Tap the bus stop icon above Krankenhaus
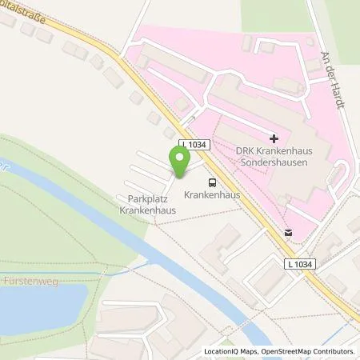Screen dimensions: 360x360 [212, 182]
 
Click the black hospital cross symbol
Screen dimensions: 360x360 [274, 138]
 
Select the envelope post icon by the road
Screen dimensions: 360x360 [287, 233]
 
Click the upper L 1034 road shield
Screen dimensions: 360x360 [195, 143]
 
